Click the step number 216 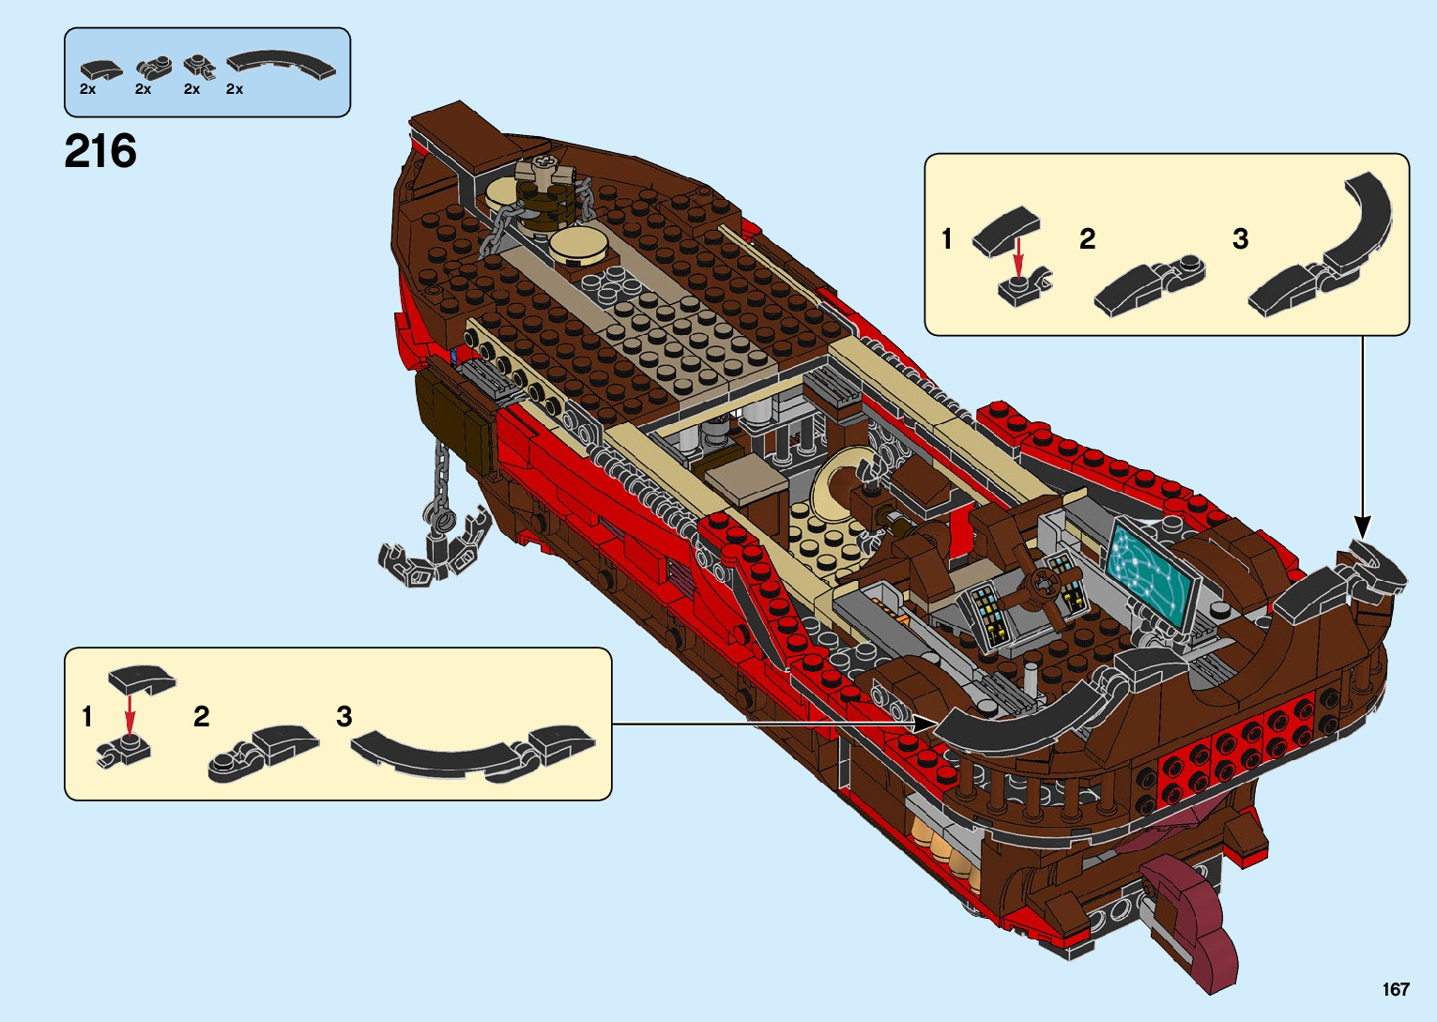[100, 151]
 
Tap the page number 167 [1395, 989]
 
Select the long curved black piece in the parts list [282, 65]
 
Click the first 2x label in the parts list [87, 89]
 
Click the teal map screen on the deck [1151, 572]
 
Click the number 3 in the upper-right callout [1240, 239]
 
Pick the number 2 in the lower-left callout [201, 717]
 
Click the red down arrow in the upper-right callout [1017, 259]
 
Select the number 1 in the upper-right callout [947, 239]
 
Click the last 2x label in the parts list [235, 89]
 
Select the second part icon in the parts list [154, 68]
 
